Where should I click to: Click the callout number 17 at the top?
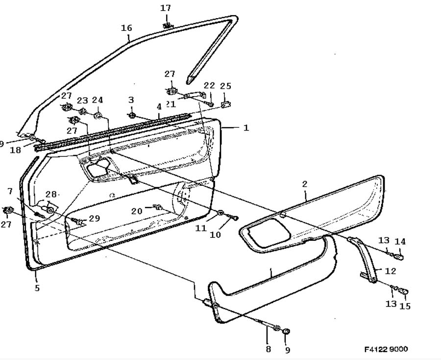(x=166, y=8)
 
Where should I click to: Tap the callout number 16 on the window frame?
(x=126, y=28)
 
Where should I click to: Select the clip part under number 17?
(x=168, y=26)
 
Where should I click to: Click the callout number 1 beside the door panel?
(x=246, y=128)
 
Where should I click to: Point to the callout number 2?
(x=305, y=184)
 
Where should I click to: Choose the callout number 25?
(x=225, y=85)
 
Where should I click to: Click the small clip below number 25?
(x=225, y=104)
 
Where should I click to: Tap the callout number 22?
(x=209, y=85)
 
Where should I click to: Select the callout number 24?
(x=98, y=100)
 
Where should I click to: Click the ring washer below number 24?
(x=98, y=115)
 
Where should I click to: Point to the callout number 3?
(x=131, y=100)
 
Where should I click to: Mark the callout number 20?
(x=137, y=211)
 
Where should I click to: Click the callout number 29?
(x=94, y=218)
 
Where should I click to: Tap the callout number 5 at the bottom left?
(x=37, y=288)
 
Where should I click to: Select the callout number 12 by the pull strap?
(x=390, y=271)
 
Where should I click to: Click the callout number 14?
(x=400, y=241)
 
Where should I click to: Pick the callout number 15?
(x=405, y=306)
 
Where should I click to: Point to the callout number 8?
(x=269, y=349)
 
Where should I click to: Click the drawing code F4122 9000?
(x=386, y=349)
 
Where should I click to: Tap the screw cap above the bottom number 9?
(x=286, y=331)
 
